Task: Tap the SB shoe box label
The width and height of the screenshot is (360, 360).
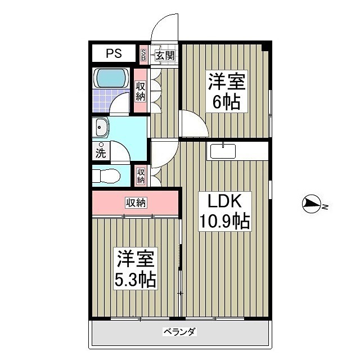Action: coord(143,55)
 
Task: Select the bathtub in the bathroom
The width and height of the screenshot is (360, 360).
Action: coord(111,78)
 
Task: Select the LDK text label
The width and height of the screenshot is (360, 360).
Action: coord(225,201)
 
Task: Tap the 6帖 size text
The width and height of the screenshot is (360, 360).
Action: coord(226,102)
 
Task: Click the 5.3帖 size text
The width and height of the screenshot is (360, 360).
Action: coord(136,280)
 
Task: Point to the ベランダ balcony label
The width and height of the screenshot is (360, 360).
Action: coord(179,332)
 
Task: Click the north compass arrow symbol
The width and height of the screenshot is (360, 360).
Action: coord(312,204)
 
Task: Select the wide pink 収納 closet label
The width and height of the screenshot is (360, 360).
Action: coord(136,202)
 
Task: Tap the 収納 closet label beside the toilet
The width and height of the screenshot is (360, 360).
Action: coord(141,176)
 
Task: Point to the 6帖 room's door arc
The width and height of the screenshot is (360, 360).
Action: coord(192,124)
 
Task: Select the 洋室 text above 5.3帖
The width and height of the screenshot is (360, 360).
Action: coord(136,259)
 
